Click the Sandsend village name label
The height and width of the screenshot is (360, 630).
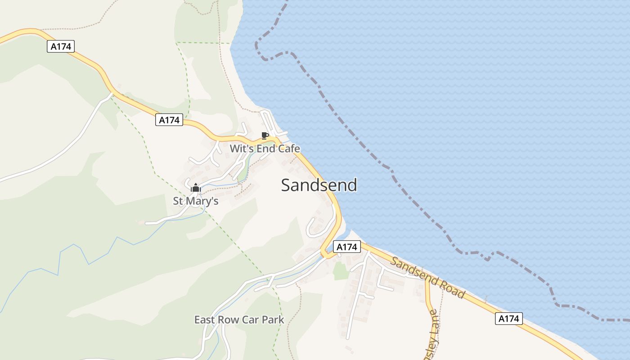tap(319, 185)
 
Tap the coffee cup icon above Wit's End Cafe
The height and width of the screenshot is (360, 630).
tap(265, 135)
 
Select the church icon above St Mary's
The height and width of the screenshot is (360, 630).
tap(196, 188)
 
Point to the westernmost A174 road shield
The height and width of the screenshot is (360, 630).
tap(61, 46)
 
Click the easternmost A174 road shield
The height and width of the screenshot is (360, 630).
tap(509, 319)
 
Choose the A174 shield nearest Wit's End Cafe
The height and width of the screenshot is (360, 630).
tap(169, 120)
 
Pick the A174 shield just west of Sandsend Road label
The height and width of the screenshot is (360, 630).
tap(347, 247)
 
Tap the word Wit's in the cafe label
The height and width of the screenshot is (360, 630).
tap(239, 148)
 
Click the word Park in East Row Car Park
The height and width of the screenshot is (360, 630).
tap(274, 319)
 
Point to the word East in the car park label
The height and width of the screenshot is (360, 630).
tap(205, 319)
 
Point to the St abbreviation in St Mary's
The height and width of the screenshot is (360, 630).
tap(178, 201)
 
